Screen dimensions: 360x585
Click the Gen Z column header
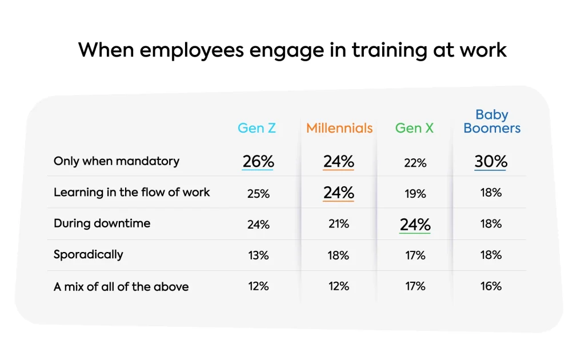click(x=257, y=128)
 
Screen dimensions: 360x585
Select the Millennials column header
click(x=339, y=128)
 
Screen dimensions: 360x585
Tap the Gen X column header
click(x=414, y=128)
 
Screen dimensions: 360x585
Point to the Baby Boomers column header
click(x=492, y=122)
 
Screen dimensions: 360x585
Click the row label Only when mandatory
click(x=117, y=161)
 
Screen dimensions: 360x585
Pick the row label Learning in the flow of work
click(x=132, y=192)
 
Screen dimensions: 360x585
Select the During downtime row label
click(x=102, y=223)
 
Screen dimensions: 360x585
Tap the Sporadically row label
click(x=89, y=254)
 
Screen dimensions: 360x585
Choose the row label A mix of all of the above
click(x=121, y=286)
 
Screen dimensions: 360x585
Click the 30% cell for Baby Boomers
click(x=491, y=162)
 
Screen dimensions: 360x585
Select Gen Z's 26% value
click(x=258, y=162)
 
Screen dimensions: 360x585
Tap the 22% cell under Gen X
click(x=415, y=163)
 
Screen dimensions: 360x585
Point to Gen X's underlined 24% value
click(x=415, y=225)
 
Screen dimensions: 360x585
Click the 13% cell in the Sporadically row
click(x=258, y=255)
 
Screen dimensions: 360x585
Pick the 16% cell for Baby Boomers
click(x=491, y=286)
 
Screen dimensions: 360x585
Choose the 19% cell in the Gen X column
click(x=415, y=194)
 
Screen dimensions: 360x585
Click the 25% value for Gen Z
click(x=258, y=194)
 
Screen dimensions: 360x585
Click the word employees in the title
click(x=184, y=50)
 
